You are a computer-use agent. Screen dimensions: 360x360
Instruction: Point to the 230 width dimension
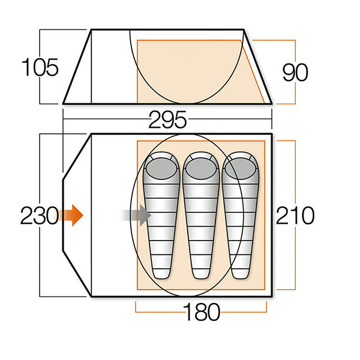[x=38, y=215]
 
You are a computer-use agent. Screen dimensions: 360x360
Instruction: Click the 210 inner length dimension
[x=295, y=215]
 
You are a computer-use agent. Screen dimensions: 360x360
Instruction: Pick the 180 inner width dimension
[x=201, y=312]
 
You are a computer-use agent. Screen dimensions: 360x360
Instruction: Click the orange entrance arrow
[x=73, y=215]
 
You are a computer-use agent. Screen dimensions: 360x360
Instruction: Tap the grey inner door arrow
[x=136, y=215]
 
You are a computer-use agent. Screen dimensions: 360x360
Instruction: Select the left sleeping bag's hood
[x=163, y=166]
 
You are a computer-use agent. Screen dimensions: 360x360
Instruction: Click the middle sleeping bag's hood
[x=200, y=166]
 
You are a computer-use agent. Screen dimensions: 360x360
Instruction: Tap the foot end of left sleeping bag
[x=163, y=273]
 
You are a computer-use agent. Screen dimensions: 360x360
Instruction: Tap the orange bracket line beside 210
[x=296, y=150]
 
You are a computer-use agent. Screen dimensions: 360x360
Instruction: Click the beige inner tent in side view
[x=192, y=72]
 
